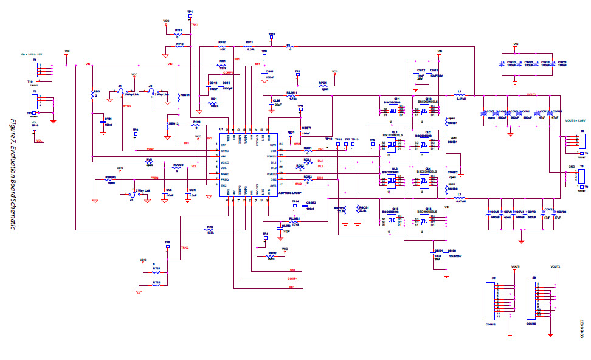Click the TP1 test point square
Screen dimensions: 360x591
click(190, 17)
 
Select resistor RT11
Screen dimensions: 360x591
click(178, 34)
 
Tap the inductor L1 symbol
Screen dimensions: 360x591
click(460, 95)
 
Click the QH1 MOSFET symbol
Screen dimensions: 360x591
click(393, 111)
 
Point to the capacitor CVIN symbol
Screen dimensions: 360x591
click(103, 123)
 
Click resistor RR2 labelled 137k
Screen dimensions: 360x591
click(210, 230)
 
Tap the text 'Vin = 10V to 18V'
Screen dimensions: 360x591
click(31, 54)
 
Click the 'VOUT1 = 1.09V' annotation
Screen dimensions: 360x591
click(575, 120)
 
